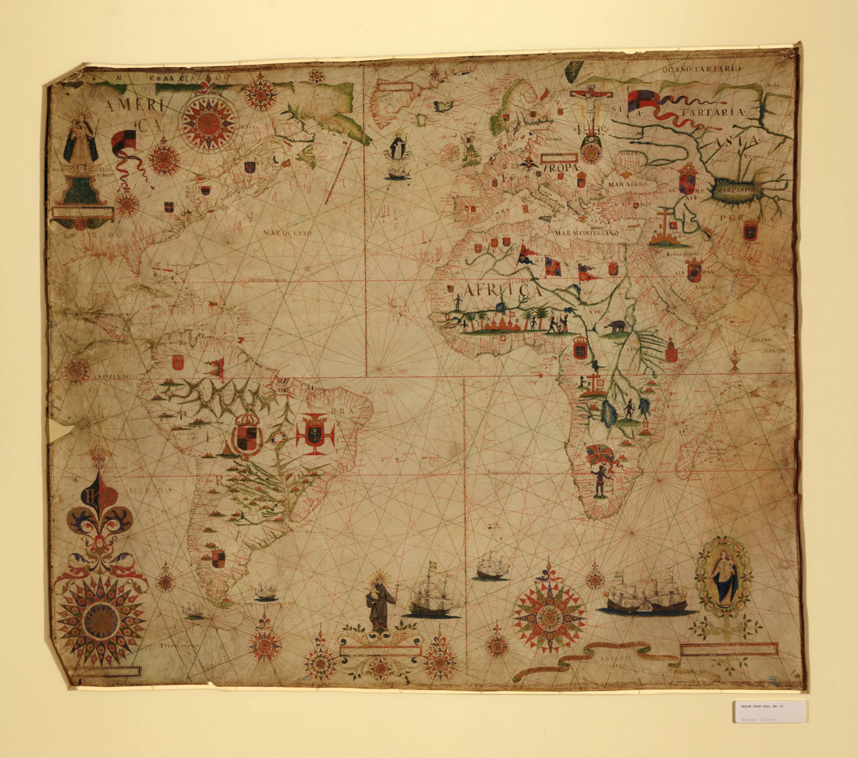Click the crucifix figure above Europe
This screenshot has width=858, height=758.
tap(590, 109)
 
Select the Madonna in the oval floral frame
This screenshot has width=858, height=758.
tap(725, 578)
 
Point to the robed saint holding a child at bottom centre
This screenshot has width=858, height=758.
tap(380, 601)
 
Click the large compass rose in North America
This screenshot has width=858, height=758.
tap(208, 121)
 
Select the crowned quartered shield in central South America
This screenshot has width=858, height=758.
tap(247, 434)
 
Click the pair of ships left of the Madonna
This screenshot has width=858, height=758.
tap(647, 595)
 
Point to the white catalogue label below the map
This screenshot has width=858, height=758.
tap(770, 710)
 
